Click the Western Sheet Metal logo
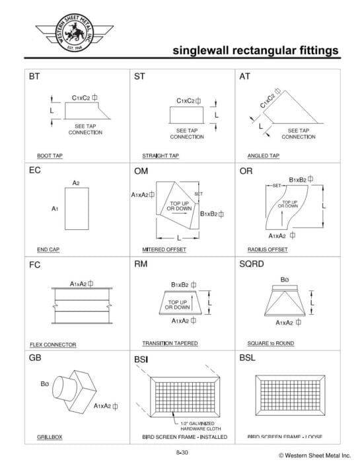pos(66,31)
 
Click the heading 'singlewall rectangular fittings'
pos(256,50)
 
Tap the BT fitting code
pos(34,77)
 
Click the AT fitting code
pos(245,77)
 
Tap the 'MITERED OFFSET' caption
pos(164,249)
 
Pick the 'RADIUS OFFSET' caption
pos(268,249)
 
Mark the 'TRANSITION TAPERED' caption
pos(170,343)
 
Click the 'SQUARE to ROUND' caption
pos(271,343)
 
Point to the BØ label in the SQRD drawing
pos(285,279)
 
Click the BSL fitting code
pos(248,358)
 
